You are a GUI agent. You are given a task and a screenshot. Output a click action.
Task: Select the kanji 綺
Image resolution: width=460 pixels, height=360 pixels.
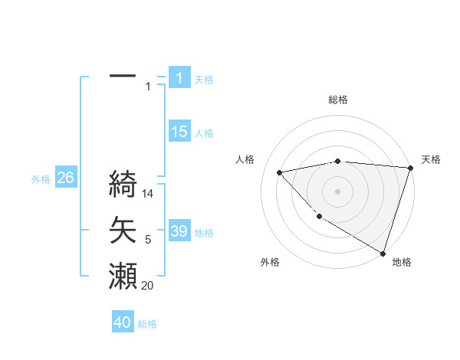point(123,185)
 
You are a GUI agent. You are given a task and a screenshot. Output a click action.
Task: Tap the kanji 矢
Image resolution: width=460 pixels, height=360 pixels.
point(123,230)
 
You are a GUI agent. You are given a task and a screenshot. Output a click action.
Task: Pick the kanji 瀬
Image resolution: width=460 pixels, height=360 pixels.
point(123,275)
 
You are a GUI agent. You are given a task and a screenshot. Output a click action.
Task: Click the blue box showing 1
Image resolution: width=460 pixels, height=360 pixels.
point(179,77)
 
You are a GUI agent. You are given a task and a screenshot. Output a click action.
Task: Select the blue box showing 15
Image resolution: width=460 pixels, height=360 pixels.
point(179,132)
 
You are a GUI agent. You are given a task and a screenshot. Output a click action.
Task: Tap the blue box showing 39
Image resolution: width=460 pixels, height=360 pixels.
point(179,231)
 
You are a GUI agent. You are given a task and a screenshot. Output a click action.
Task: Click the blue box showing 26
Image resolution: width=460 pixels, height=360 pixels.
point(65,178)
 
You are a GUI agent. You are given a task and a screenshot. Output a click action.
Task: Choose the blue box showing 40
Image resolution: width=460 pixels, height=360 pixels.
point(123,322)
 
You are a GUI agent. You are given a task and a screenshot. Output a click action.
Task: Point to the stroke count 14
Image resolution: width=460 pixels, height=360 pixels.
point(149,195)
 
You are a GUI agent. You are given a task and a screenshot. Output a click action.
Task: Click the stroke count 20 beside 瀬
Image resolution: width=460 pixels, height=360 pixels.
point(147,286)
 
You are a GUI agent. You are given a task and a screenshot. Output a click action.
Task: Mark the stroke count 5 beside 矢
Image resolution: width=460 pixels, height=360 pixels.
point(148,241)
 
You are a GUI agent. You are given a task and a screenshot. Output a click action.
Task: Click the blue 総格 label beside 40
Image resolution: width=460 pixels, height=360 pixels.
point(148,324)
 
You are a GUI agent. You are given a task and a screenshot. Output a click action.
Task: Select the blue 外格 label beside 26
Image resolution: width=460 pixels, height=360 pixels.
point(41,179)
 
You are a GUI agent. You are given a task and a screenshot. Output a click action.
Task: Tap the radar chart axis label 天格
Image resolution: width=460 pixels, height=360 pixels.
point(431,159)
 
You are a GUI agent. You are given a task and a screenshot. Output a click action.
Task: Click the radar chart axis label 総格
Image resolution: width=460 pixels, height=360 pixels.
point(337,100)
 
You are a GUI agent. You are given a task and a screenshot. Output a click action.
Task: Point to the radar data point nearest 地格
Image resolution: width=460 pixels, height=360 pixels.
point(382,252)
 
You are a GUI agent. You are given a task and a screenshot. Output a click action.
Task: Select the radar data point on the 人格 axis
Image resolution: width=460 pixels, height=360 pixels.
point(280,172)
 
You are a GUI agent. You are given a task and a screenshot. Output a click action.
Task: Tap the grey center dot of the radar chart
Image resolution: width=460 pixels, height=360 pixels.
point(337,191)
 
